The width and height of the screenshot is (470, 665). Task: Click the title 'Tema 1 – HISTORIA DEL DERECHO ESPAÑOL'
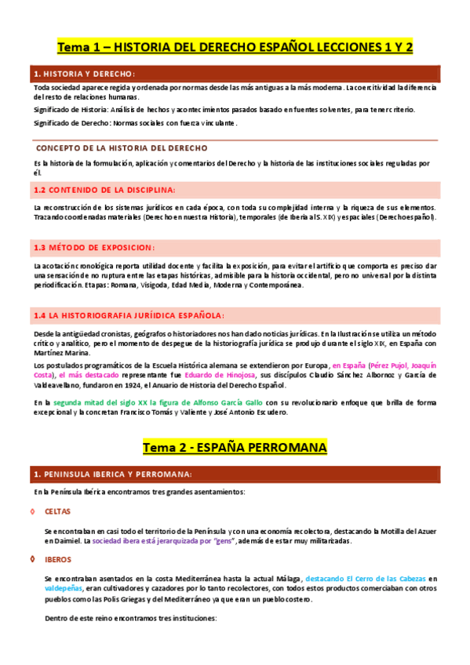pyautogui.click(x=235, y=46)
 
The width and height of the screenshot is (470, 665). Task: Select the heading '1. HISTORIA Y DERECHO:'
pyautogui.click(x=84, y=73)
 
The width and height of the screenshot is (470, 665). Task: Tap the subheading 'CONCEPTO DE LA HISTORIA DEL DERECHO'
pyautogui.click(x=122, y=147)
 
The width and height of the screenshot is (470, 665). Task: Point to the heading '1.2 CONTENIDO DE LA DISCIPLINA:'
pyautogui.click(x=104, y=190)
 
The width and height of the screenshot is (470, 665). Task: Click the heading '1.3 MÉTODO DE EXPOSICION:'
pyautogui.click(x=94, y=247)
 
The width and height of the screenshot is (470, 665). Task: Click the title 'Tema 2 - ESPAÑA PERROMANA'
pyautogui.click(x=235, y=447)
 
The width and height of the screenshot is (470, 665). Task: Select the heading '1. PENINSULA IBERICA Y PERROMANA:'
pyautogui.click(x=111, y=474)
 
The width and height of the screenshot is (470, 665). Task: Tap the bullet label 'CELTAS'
pyautogui.click(x=57, y=511)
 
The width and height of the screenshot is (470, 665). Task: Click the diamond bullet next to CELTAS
pyautogui.click(x=31, y=511)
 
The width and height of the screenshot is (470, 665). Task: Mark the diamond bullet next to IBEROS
pyautogui.click(x=31, y=559)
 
